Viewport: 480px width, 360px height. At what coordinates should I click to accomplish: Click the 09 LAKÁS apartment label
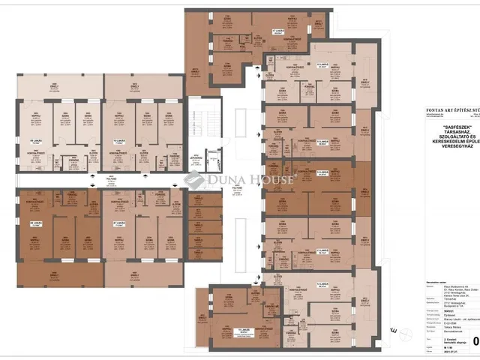pyautogui.click(x=34, y=141)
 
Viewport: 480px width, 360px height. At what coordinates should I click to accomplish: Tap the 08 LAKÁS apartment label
pyautogui.click(x=34, y=223)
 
